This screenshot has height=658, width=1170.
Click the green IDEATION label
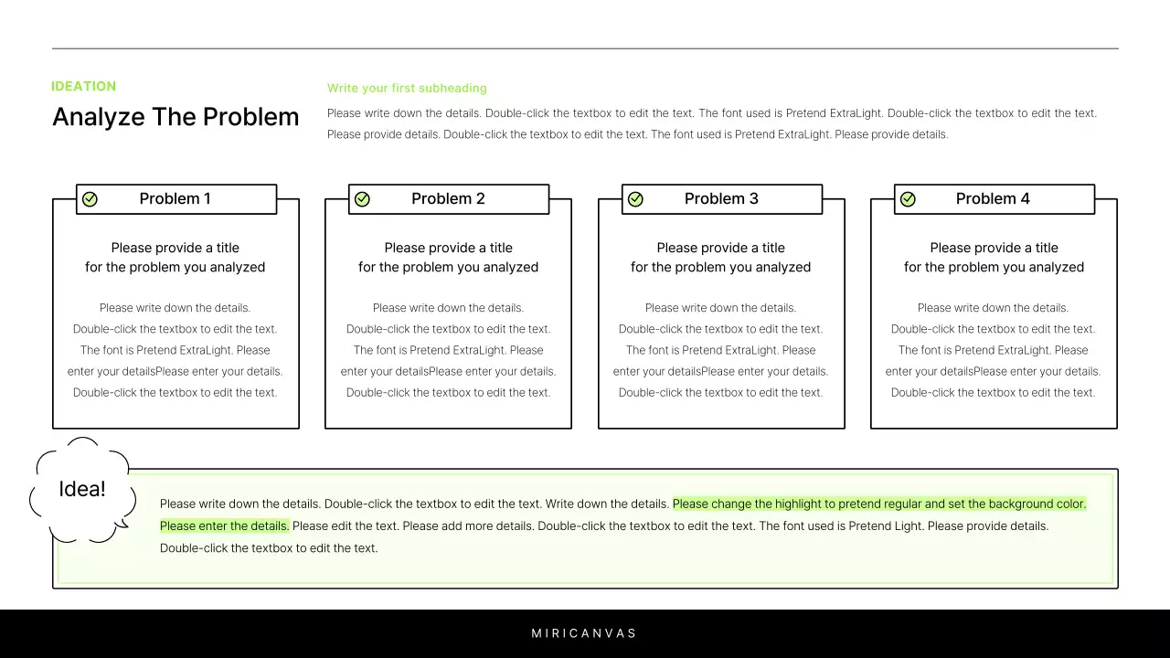click(83, 87)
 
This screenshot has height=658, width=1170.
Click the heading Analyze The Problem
click(175, 117)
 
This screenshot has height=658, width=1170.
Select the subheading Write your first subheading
click(407, 89)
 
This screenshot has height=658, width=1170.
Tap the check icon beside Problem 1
click(90, 199)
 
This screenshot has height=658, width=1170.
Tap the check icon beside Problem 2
click(362, 199)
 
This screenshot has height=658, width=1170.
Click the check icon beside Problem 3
click(635, 199)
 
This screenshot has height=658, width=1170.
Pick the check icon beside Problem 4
click(908, 199)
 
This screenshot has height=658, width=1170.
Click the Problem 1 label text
click(175, 199)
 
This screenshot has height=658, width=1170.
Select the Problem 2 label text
click(448, 199)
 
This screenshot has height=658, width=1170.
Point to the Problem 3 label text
click(721, 199)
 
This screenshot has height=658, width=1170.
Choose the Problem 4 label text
click(993, 199)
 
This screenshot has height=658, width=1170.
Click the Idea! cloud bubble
click(82, 490)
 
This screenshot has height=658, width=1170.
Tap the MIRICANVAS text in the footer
click(584, 633)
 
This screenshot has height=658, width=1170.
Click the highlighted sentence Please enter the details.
click(224, 526)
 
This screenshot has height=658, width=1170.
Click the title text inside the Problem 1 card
click(175, 258)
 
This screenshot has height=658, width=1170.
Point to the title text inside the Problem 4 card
click(994, 258)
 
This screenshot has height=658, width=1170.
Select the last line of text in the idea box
click(269, 548)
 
